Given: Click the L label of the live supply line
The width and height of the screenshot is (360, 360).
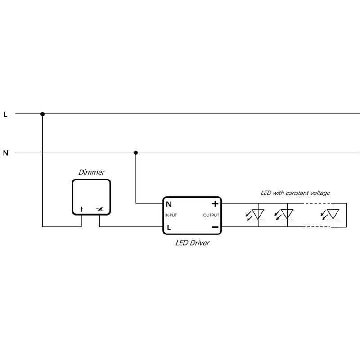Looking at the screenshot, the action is pos(6,114).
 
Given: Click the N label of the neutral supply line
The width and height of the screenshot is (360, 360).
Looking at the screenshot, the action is pos(6,153).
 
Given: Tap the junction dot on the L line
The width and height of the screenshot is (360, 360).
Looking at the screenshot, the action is pos(42,114).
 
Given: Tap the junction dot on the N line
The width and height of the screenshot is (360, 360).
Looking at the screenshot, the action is pos(136,153).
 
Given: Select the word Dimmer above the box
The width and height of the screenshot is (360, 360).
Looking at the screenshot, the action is pos(91,172).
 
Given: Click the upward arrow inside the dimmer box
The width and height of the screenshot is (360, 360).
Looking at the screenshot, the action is pos(81,209).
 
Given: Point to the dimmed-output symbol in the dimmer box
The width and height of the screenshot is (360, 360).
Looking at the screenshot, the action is pos(100,209).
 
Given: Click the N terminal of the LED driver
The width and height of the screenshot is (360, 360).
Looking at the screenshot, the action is pos(169,204).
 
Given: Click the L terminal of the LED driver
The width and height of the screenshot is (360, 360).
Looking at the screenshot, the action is pos(169,228).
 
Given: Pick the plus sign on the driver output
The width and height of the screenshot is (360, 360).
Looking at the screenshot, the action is pos(215,204).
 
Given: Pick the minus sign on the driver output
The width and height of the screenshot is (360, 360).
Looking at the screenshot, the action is pos(216,227).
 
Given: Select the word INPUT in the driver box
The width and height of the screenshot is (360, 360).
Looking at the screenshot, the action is pos(171,216).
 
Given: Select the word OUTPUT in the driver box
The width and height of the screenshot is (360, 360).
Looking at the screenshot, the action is pos(211,216).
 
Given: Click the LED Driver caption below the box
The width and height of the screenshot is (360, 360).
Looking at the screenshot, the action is pos(193,243).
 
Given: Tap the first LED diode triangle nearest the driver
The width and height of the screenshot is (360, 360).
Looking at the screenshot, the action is pos(258,215).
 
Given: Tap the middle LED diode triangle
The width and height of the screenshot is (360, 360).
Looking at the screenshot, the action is pos(287,215).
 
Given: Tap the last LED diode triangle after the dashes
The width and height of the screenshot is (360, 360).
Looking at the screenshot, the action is pos(333,215).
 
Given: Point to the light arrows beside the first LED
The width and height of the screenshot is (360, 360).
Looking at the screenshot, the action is pos(249,216).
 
